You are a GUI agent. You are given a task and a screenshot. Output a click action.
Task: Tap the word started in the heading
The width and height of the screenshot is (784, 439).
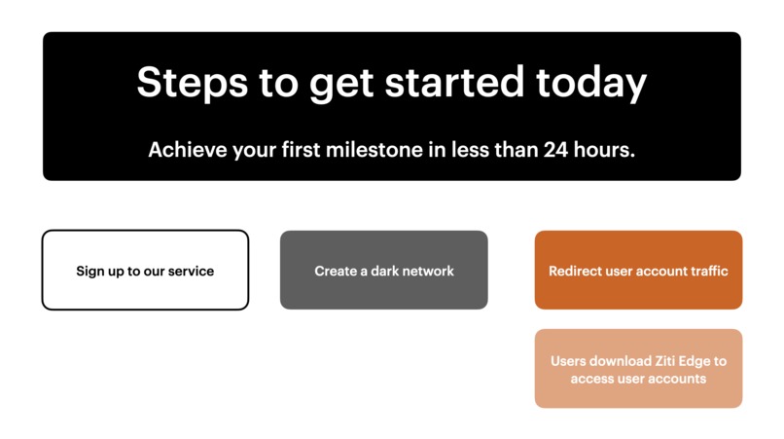tap(455, 84)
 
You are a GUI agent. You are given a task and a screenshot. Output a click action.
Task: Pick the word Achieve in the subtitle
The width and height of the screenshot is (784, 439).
tap(188, 151)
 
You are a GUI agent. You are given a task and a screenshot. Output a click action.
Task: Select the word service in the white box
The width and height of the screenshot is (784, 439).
tap(191, 271)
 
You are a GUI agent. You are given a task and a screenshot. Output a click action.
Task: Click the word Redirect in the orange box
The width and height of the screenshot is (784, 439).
tap(575, 271)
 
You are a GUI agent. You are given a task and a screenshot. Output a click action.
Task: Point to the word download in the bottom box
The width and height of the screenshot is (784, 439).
tap(621, 361)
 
